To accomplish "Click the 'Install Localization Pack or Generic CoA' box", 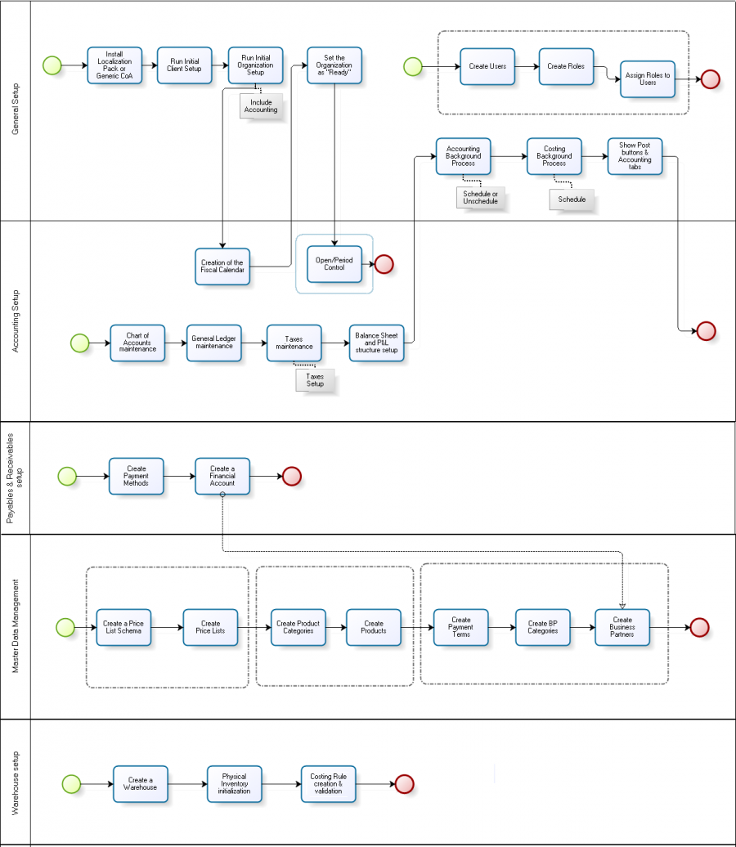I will point(114,65).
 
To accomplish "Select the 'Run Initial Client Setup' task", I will point(185,65).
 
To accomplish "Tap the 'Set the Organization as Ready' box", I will point(334,65).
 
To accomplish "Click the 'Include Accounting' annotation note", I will point(261,105).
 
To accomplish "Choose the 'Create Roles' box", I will point(566,66).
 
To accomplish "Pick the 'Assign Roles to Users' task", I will point(648,79).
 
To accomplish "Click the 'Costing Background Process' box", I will point(554,156).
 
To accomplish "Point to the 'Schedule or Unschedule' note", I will point(480,197).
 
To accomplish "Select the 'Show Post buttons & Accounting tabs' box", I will point(635,156).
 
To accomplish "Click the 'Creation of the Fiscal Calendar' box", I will point(222,267).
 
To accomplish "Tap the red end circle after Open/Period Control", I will point(384,264).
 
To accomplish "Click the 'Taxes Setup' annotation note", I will point(315,380).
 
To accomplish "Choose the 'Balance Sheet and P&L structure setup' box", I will point(376,343).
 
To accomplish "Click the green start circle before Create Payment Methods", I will point(67,476).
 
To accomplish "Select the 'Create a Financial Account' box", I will point(222,476).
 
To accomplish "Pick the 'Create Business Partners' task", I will point(622,627).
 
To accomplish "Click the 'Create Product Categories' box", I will point(298,627).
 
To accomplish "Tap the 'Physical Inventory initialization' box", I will point(235,784).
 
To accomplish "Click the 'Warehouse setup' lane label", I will point(16,782).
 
